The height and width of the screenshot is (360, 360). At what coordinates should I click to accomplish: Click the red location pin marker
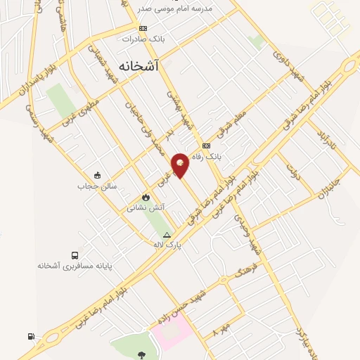(x=181, y=165)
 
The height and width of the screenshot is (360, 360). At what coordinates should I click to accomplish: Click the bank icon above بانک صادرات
(x=143, y=28)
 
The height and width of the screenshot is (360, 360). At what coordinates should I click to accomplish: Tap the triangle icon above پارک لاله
(x=167, y=234)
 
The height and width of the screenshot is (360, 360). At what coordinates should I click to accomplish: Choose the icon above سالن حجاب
(x=97, y=176)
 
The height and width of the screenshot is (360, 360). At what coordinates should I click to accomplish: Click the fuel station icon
(x=31, y=337)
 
